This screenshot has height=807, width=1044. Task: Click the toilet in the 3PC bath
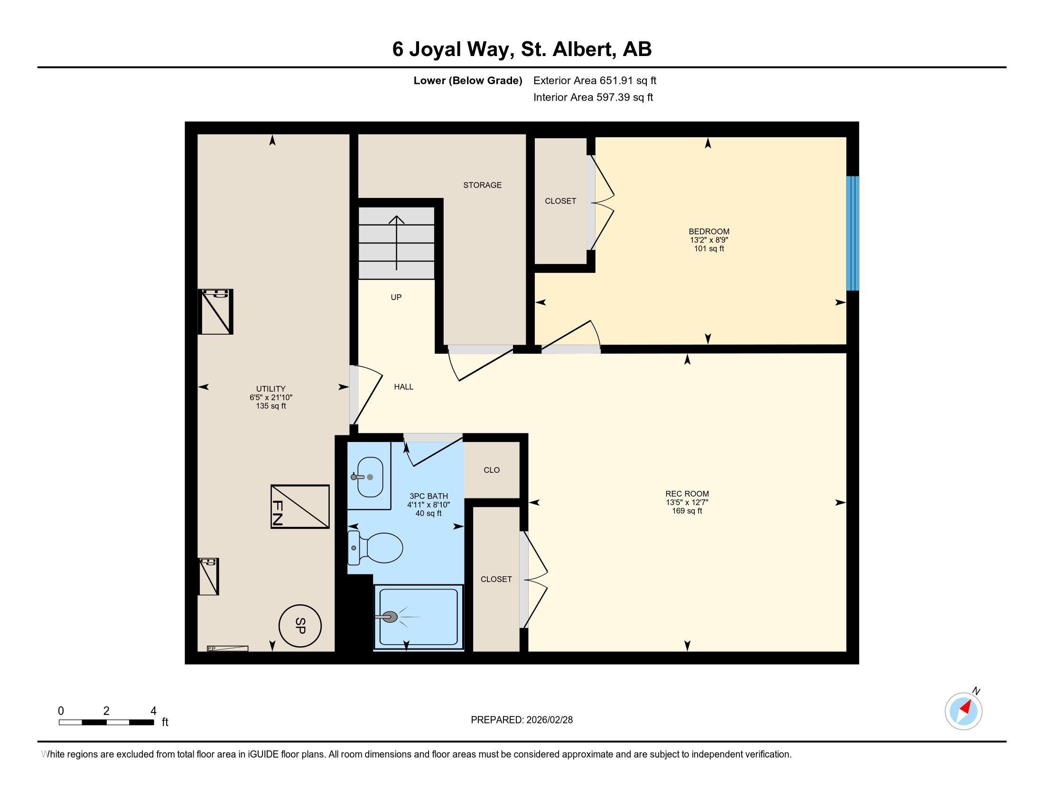tap(375, 547)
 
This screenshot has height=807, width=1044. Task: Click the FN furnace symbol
tap(300, 507)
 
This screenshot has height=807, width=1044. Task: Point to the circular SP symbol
tap(300, 626)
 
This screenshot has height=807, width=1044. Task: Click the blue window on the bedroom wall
tap(852, 233)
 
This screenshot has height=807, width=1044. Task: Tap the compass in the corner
tap(964, 711)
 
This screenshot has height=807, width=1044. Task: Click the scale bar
tap(106, 722)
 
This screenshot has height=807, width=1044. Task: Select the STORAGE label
tap(482, 185)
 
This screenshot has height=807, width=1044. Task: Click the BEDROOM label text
tap(709, 231)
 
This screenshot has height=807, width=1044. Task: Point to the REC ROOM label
tap(687, 494)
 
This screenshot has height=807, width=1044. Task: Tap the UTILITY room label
tap(270, 389)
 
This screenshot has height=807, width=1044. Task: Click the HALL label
tap(403, 387)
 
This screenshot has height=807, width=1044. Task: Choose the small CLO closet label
tap(492, 470)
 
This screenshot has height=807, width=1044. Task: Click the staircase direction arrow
tap(396, 243)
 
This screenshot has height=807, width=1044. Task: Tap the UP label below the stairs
tap(396, 297)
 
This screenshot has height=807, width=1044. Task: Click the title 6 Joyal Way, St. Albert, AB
tap(522, 49)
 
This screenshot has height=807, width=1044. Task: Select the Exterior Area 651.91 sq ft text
tap(595, 80)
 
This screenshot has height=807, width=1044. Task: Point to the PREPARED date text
tap(522, 720)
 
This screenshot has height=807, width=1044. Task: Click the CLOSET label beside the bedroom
tap(560, 201)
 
